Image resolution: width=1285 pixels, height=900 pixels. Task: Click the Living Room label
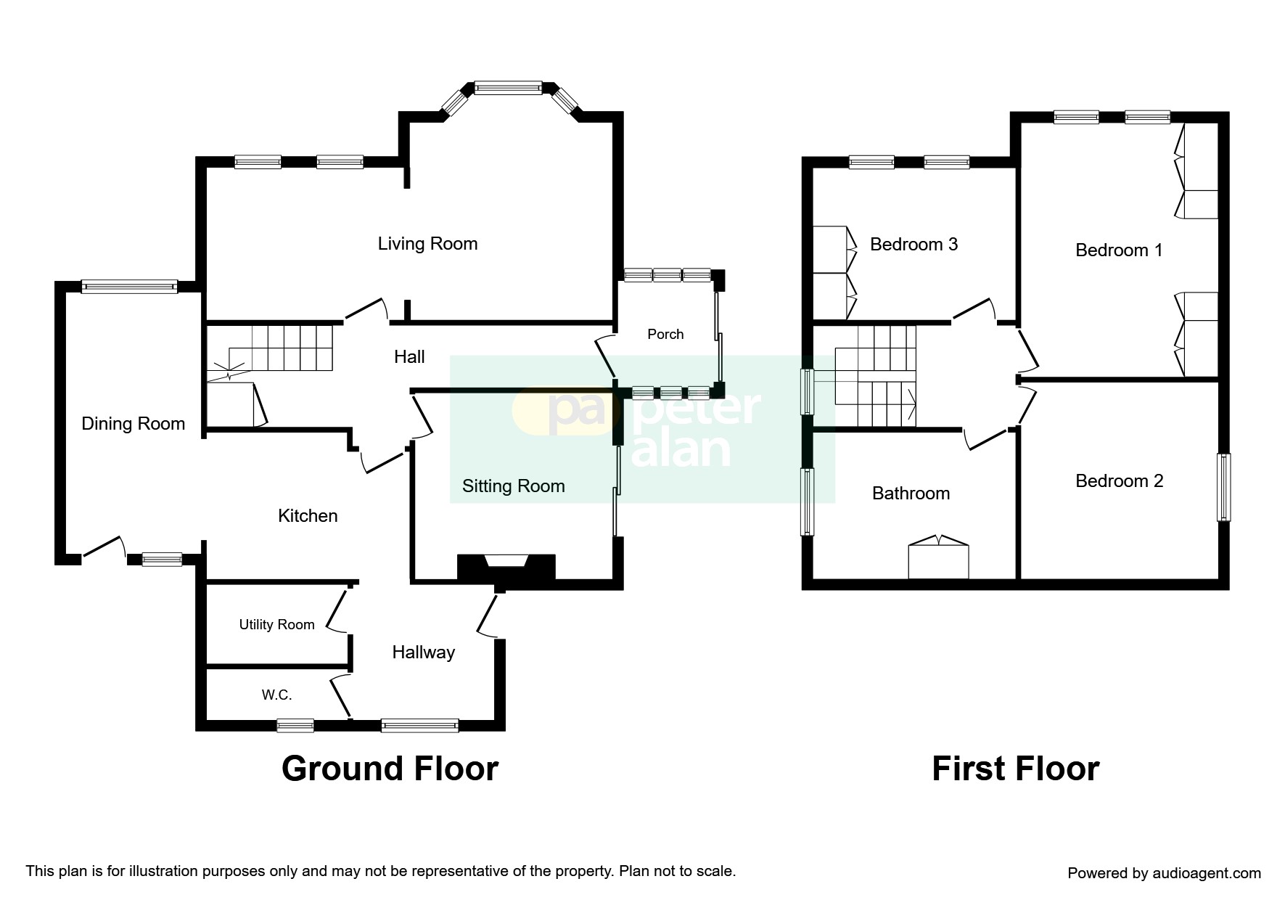427,244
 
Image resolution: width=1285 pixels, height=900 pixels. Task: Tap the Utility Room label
276,625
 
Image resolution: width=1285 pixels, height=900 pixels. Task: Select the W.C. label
276,695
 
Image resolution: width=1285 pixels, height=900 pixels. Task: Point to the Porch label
665,335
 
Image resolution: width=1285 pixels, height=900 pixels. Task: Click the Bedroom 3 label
914,245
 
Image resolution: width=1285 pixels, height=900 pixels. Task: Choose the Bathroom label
911,494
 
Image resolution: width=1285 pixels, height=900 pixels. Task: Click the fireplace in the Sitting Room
506,565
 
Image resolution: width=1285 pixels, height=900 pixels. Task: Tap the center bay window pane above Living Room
508,88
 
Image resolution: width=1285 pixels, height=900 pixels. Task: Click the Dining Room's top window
129,287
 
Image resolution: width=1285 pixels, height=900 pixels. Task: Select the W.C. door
340,696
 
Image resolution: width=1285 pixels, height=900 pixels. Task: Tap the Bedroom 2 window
1223,487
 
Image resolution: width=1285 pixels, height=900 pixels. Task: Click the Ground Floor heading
390,769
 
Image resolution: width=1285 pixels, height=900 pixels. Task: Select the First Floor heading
1015,769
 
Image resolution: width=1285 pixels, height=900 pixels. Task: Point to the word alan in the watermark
681,451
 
